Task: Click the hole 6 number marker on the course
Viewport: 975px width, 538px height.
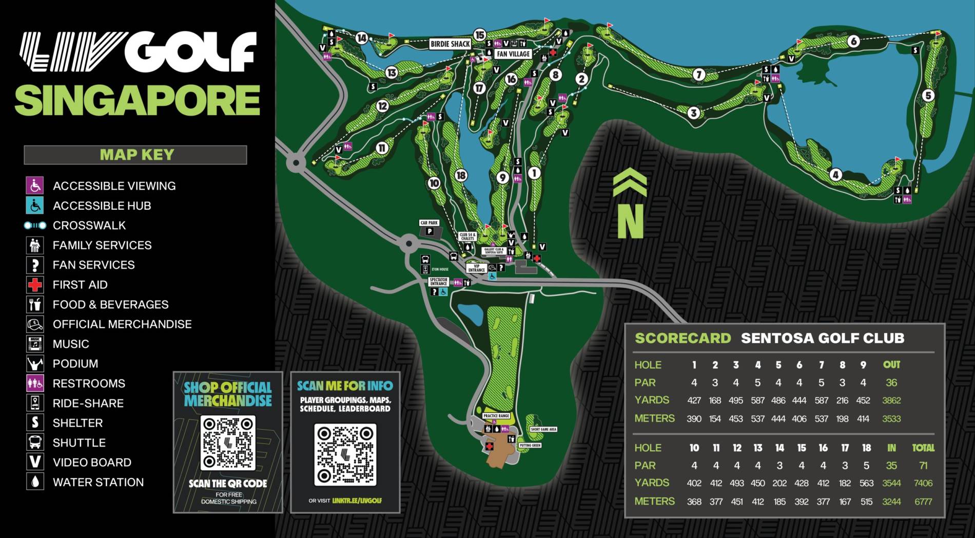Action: pyautogui.click(x=853, y=41)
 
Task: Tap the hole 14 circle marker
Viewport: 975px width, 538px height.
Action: pyautogui.click(x=362, y=38)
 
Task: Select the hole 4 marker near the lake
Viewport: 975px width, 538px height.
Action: pyautogui.click(x=835, y=175)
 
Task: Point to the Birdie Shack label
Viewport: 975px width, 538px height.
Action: pyautogui.click(x=450, y=44)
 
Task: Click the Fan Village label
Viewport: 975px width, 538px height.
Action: pyautogui.click(x=513, y=54)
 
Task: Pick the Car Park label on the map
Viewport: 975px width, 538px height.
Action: pyautogui.click(x=429, y=223)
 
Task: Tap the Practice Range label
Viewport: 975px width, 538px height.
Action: pyautogui.click(x=496, y=416)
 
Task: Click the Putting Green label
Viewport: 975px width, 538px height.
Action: pyautogui.click(x=530, y=446)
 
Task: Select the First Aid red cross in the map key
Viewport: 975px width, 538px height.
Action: pyautogui.click(x=35, y=285)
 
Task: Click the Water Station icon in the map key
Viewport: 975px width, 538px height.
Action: pyautogui.click(x=35, y=482)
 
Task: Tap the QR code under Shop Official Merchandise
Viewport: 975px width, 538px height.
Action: pyautogui.click(x=228, y=443)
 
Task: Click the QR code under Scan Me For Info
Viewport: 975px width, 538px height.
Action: pyautogui.click(x=345, y=455)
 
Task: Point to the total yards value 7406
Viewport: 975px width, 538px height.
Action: pyautogui.click(x=923, y=483)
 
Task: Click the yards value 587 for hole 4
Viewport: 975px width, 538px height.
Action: pyautogui.click(x=757, y=400)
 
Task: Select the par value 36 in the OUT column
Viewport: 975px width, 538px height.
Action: pyautogui.click(x=891, y=383)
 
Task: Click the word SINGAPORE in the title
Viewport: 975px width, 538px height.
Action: pyautogui.click(x=138, y=100)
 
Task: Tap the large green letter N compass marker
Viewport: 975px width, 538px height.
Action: pyautogui.click(x=630, y=221)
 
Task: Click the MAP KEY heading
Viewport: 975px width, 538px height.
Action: pyautogui.click(x=136, y=155)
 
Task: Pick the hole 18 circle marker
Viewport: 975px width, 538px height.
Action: pyautogui.click(x=461, y=176)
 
